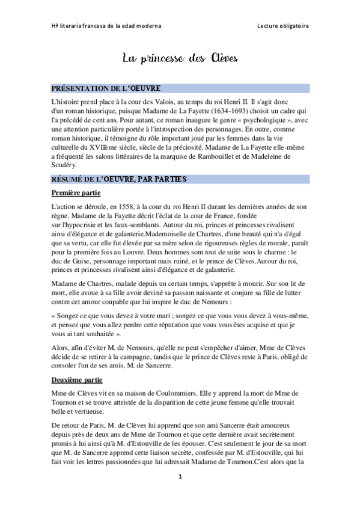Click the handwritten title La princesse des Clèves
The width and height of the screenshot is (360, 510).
click(x=180, y=58)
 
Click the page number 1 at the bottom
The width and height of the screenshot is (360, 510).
click(x=180, y=476)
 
